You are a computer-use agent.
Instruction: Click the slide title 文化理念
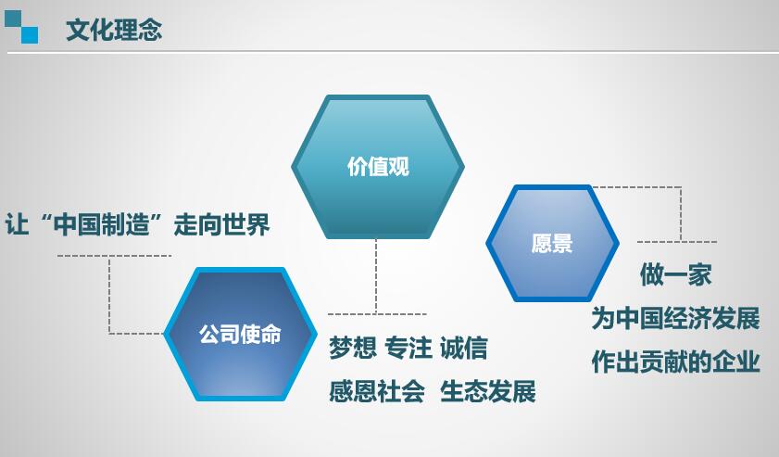[x=114, y=30]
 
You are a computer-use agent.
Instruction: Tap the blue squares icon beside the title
[x=21, y=27]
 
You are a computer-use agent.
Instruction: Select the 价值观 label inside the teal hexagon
[x=378, y=167]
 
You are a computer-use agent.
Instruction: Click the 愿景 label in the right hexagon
[x=552, y=244]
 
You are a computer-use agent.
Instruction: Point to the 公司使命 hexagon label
[x=241, y=334]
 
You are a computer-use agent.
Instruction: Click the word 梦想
[x=353, y=348]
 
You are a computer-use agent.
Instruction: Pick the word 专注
[x=408, y=348]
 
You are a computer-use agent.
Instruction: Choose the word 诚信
[x=463, y=348]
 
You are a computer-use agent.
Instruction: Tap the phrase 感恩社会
[x=377, y=391]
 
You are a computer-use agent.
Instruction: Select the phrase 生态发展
[x=488, y=391]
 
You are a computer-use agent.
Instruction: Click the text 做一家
[x=675, y=274]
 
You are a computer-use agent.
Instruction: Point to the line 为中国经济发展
[x=675, y=318]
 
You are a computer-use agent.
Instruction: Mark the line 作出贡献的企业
[x=675, y=362]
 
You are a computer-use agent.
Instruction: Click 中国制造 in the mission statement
[x=101, y=224]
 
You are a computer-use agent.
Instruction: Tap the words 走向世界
[x=221, y=224]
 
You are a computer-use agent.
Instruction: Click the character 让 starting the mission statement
[x=17, y=224]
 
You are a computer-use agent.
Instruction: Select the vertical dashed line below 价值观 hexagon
[x=376, y=276]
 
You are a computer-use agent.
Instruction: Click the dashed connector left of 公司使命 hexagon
[x=110, y=296]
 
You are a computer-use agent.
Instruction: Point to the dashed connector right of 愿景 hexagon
[x=681, y=214]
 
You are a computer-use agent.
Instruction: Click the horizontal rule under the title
[x=393, y=52]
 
